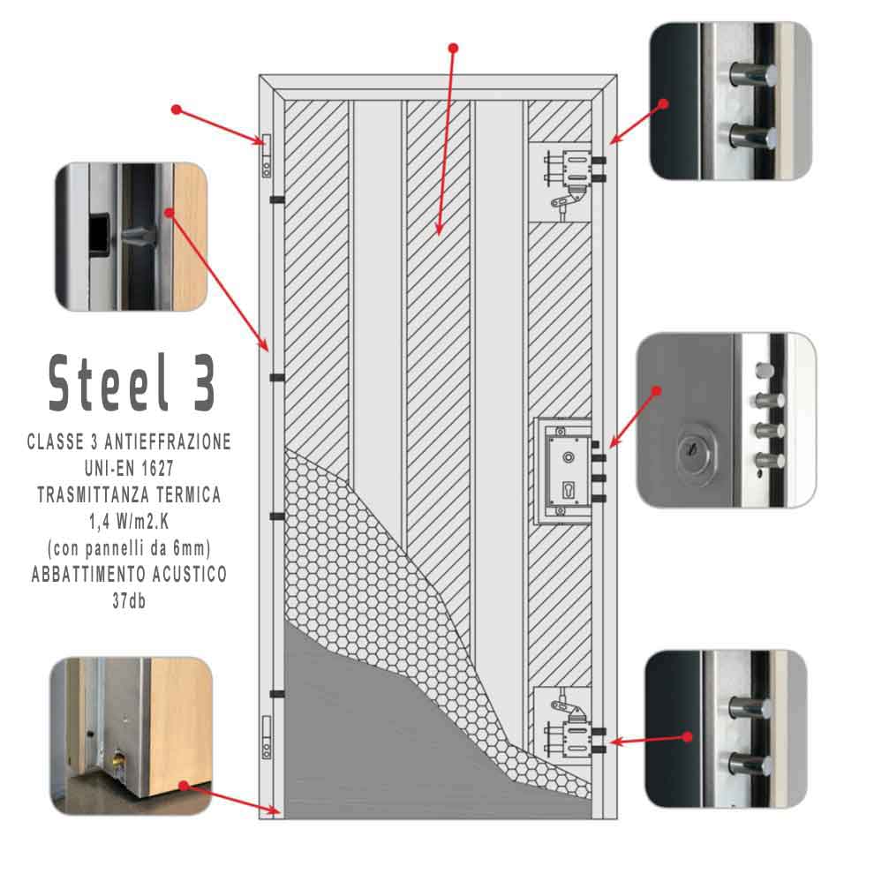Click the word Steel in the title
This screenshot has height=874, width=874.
click(x=109, y=383)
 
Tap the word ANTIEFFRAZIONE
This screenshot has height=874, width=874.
click(x=168, y=441)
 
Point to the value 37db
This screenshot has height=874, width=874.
click(x=129, y=601)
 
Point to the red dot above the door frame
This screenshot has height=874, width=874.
click(x=453, y=49)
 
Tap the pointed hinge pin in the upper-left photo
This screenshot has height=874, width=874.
click(x=138, y=238)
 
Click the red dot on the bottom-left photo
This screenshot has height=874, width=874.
click(x=184, y=786)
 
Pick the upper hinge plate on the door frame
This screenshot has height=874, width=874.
click(x=267, y=156)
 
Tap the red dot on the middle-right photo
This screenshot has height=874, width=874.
click(x=657, y=391)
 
